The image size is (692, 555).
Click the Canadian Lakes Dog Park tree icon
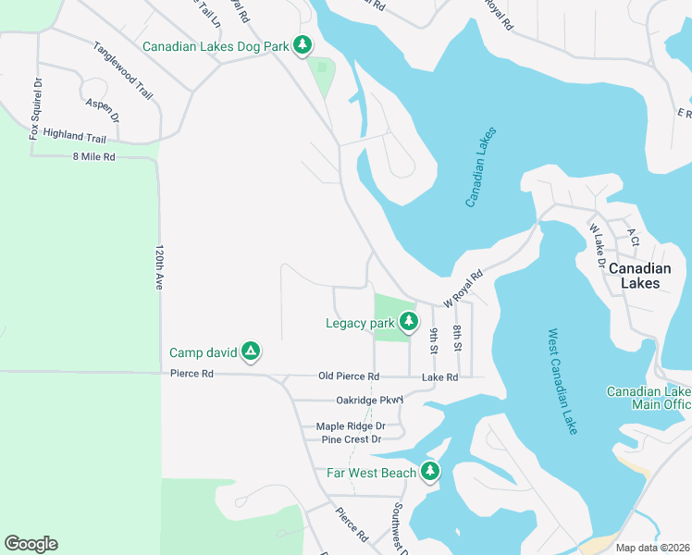[x=302, y=45]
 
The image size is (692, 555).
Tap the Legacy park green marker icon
[x=407, y=323]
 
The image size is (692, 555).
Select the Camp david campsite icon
[x=250, y=351]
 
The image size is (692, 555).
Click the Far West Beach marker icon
[x=429, y=472]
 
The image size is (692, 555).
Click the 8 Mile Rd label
[x=93, y=157]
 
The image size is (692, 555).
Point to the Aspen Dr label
[x=103, y=111]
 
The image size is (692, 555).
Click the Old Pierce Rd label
[x=349, y=376]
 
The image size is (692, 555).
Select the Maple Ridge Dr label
[x=351, y=426]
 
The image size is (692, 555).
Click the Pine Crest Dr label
[x=351, y=439]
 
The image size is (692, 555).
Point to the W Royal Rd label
[x=463, y=289]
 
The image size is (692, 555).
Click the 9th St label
[x=433, y=341]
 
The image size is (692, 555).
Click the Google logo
[x=31, y=544]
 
